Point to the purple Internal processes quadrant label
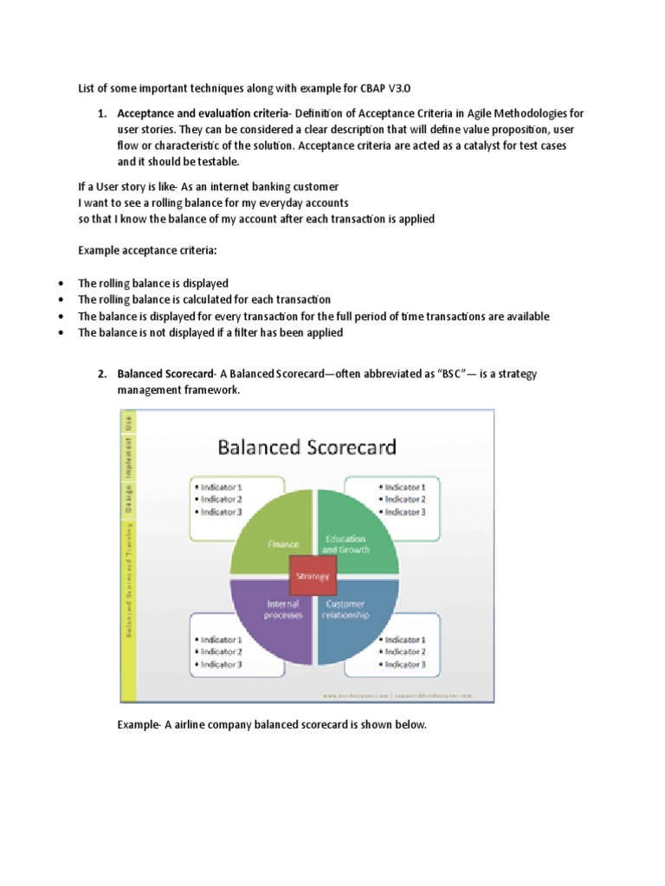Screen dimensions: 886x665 (x=282, y=609)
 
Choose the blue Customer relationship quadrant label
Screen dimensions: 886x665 (x=345, y=609)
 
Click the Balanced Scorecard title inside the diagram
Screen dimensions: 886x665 (x=307, y=446)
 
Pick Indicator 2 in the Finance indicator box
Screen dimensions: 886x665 (x=222, y=499)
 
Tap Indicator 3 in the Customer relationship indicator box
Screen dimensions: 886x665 (x=404, y=664)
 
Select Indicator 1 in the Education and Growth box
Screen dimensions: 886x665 (x=404, y=486)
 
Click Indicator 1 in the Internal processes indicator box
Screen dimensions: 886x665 (x=222, y=639)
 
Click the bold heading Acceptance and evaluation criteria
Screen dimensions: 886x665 (x=199, y=113)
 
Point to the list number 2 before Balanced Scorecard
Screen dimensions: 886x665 (x=100, y=374)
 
